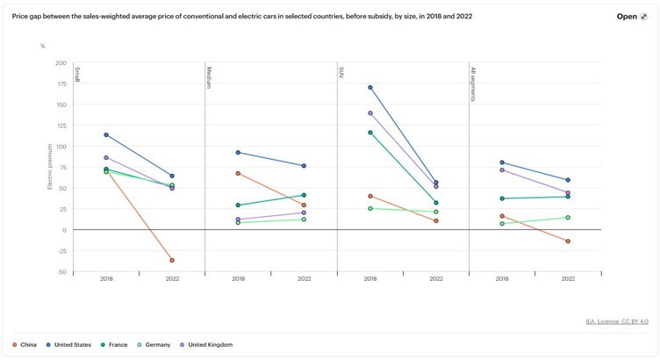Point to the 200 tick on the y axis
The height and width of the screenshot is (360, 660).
pos(61,63)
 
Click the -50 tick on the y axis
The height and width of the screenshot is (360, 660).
pos(61,272)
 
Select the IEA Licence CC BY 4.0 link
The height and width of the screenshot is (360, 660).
pos(616,321)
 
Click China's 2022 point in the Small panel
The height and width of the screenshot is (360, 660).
pos(172,260)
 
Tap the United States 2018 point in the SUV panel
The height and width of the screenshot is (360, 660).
pos(370,88)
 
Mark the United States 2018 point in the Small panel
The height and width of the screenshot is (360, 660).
pos(106,135)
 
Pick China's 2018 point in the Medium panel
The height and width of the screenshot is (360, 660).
pos(238,173)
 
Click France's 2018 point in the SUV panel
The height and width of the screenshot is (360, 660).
pos(370,133)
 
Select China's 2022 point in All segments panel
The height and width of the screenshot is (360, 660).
pos(568,241)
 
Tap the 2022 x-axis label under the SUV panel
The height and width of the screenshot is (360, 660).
pos(436,279)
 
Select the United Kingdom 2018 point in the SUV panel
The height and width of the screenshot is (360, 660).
pos(370,113)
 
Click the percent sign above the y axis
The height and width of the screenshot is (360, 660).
pos(42,46)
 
